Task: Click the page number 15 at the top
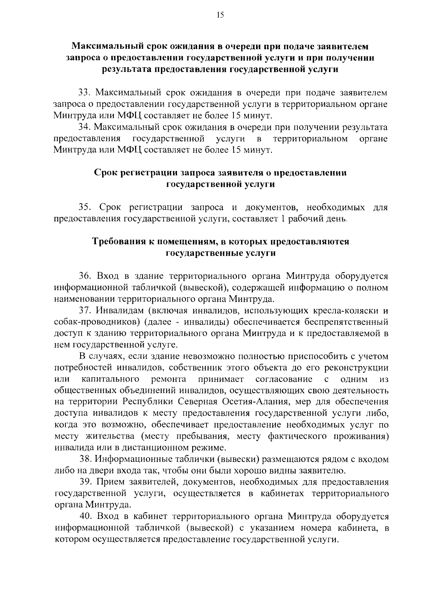220,15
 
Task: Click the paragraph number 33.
84,93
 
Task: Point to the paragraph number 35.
84,207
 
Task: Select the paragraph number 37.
84,310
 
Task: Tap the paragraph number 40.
86,516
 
